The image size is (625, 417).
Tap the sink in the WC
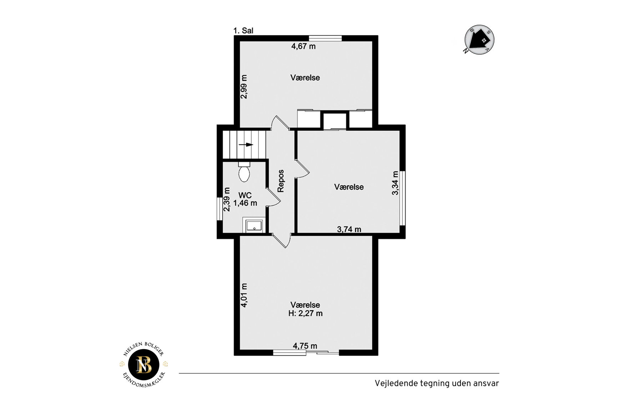[x=254, y=225]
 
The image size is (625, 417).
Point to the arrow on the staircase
[x=246, y=145]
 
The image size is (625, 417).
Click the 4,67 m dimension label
[x=303, y=46]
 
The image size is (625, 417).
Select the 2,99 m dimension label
[x=244, y=87]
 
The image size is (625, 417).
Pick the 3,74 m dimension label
[x=349, y=229]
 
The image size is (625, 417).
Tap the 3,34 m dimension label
[x=395, y=183]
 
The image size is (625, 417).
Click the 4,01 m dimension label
[x=244, y=295]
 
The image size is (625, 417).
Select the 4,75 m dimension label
[x=305, y=346]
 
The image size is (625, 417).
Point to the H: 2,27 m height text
[x=306, y=314]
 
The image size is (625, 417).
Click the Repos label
[x=281, y=181]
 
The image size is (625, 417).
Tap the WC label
[x=245, y=195]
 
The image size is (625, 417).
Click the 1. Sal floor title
[x=243, y=31]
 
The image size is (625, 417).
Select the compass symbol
[x=479, y=40]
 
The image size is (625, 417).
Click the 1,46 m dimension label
[x=245, y=203]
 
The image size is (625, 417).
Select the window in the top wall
[x=325, y=38]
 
